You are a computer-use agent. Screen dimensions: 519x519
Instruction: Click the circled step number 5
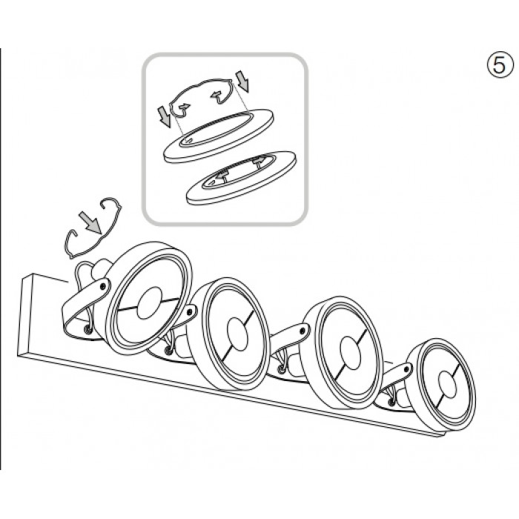coord(500,65)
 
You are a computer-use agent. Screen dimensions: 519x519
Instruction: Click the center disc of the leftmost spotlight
coord(149,303)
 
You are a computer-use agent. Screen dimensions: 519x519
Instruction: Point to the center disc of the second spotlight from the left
coord(238,334)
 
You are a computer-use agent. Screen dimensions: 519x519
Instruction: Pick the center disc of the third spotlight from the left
coord(350,353)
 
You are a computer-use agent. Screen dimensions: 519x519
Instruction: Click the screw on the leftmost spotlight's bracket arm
coord(104,285)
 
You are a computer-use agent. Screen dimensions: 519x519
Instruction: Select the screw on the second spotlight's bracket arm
coord(190,311)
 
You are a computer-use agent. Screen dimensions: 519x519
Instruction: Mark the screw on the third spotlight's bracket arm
coord(303,330)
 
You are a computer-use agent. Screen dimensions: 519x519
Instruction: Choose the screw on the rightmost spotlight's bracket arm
coord(406,368)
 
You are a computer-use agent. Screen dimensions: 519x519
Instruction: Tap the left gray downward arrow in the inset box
coord(165,117)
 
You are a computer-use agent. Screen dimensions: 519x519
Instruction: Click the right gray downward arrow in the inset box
coord(242,81)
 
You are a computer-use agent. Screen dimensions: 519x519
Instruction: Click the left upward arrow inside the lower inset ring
coord(222,174)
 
